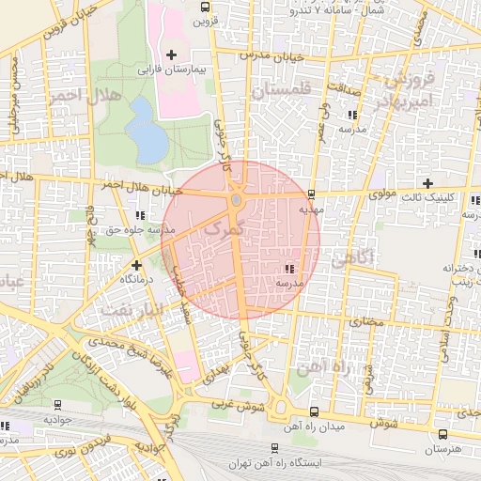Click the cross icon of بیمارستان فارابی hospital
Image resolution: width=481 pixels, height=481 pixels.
coord(170,55)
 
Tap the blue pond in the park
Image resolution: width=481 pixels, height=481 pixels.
coord(146,130)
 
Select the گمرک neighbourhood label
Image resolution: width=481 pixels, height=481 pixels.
coord(223,228)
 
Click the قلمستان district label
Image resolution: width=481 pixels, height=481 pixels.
coord(279,91)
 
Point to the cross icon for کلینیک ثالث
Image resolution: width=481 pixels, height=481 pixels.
coord(428,183)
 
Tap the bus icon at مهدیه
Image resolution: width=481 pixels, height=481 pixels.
coord(310,194)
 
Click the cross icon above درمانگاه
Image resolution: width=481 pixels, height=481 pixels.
coord(137,265)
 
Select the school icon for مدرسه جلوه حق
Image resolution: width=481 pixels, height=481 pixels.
coord(140,215)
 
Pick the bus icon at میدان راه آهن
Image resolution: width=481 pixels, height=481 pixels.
coord(313,411)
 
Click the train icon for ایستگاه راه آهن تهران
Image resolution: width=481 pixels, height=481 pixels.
coord(273,448)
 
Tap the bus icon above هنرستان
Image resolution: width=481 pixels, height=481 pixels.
coord(442,434)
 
